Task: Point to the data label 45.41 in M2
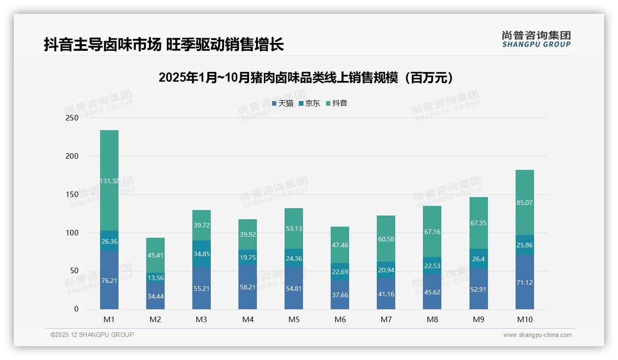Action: coord(155,255)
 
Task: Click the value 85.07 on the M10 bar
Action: coord(524,203)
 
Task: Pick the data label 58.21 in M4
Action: coord(248,287)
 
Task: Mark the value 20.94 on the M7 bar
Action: coord(386,270)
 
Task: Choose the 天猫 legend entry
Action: coord(283,103)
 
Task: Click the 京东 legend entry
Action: coord(309,103)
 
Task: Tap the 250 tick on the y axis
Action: coord(72,118)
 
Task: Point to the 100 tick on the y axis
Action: coord(72,233)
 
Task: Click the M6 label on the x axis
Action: coord(340,319)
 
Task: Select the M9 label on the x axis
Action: coord(478,319)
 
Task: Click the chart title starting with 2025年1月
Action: coord(305,78)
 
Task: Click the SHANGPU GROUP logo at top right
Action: coord(536,39)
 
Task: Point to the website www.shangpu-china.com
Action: coord(537,335)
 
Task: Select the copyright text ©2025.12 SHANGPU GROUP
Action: coord(92,335)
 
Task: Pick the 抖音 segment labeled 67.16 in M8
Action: coord(432,231)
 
